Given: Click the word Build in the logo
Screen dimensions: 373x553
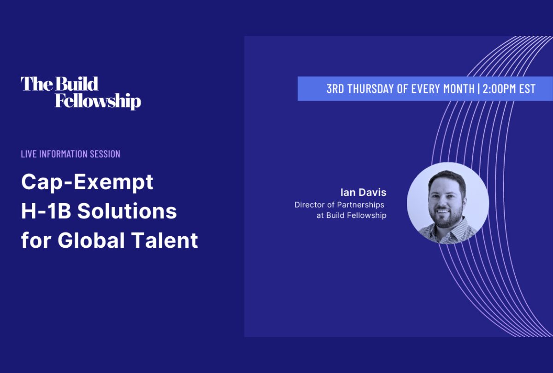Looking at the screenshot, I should coord(77,84).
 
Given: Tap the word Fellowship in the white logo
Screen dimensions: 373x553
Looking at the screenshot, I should coord(98,101).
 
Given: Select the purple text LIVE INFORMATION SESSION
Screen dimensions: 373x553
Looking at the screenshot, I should coord(71,154).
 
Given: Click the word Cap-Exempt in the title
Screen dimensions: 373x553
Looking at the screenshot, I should coord(87,183).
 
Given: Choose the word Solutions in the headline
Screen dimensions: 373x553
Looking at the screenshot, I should coord(127,211).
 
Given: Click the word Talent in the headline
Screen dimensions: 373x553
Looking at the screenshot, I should coord(170,240).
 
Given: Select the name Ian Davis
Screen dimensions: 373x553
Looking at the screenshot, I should coord(363,192).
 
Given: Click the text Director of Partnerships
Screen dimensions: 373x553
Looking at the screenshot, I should coord(339,204).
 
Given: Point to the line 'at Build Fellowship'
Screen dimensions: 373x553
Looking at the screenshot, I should coord(351,215).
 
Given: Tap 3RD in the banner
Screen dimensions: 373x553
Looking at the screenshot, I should coord(335,89).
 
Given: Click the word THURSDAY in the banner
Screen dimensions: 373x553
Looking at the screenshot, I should coord(371,89).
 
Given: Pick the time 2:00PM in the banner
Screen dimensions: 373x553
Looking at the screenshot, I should coord(500,89).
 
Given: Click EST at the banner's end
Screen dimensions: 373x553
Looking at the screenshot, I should coord(527,89).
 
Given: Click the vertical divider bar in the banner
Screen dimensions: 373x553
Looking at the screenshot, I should coord(477,89).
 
